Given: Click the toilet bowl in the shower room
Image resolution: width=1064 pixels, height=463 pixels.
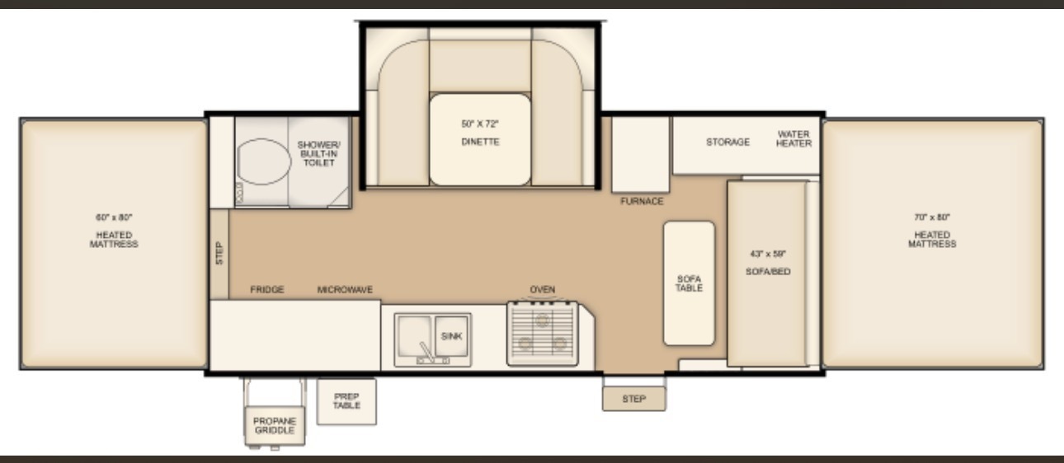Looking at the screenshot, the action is click(264, 161).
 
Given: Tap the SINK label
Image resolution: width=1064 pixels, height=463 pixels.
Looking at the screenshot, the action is click(451, 336).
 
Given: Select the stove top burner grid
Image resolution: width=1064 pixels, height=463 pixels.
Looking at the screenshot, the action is click(543, 334).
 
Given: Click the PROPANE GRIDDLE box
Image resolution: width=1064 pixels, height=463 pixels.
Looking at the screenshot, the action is click(275, 426).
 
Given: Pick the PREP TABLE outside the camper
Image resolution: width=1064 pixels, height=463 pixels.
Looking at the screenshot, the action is click(346, 401).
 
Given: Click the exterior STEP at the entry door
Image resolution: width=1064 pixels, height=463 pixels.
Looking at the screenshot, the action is click(634, 399).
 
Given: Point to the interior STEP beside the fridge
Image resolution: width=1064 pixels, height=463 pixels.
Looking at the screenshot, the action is click(219, 254).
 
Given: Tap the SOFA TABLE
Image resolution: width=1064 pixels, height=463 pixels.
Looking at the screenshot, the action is click(689, 283).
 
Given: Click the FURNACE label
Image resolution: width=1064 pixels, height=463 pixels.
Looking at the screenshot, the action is click(642, 201).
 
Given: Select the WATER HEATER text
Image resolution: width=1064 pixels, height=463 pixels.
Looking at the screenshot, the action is click(793, 138).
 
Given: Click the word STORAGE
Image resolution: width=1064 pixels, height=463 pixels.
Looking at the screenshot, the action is click(727, 142).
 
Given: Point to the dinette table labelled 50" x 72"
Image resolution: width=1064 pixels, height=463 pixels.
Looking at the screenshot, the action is click(480, 139).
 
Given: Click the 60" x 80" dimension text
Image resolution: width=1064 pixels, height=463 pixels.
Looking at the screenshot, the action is click(114, 217).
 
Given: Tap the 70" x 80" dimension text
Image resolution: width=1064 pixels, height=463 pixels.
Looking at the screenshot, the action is click(932, 217).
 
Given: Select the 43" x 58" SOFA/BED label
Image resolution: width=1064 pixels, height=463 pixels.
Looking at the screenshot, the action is click(768, 262).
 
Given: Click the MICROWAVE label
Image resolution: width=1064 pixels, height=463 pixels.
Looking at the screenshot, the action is click(345, 289).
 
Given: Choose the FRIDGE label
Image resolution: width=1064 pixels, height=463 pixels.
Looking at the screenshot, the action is click(267, 289).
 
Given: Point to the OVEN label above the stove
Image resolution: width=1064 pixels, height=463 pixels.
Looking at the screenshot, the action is click(543, 289).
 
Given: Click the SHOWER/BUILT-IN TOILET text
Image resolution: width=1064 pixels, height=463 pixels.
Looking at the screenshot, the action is click(318, 154).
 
